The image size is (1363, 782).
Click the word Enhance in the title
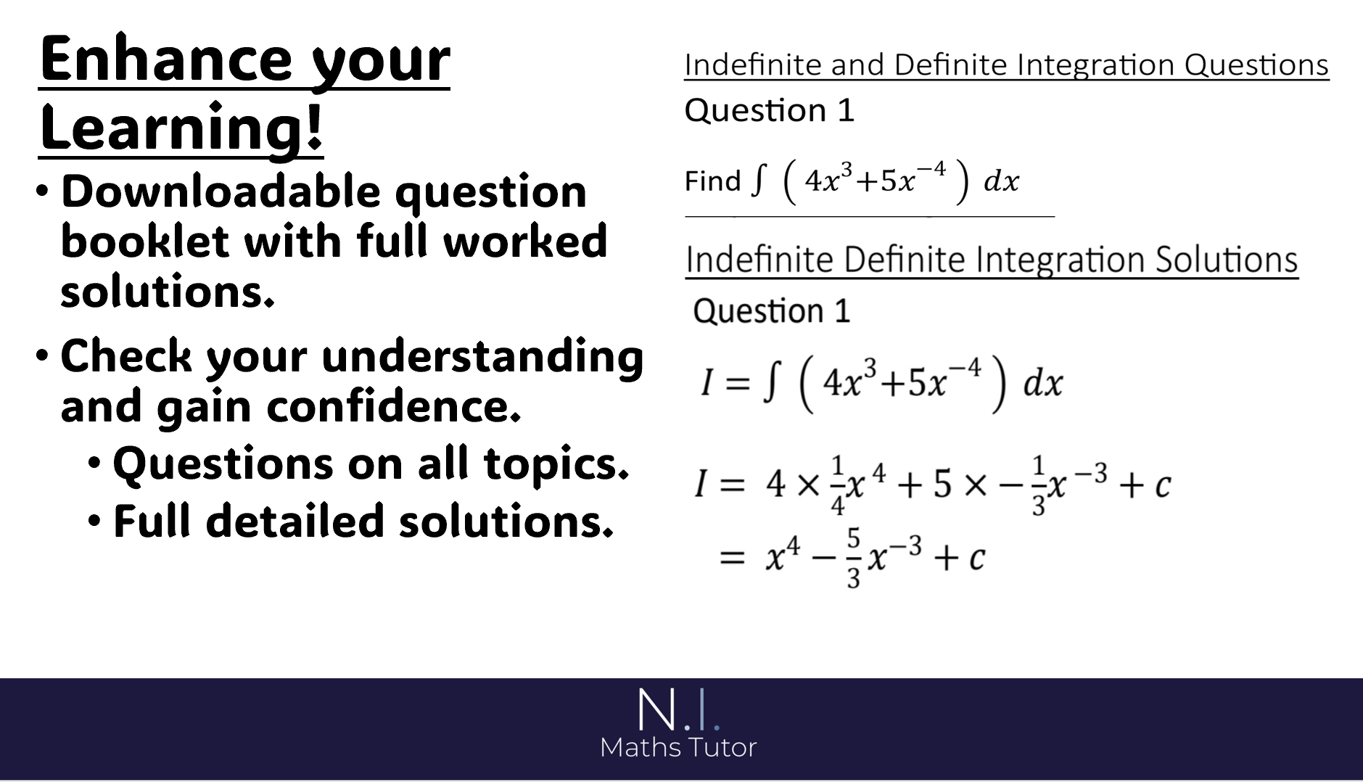click(166, 59)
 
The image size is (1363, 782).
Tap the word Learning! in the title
click(181, 128)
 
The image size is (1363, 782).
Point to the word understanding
click(482, 358)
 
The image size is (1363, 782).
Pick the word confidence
click(394, 406)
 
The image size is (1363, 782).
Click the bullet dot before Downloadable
click(44, 192)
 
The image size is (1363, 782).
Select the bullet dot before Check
click(44, 356)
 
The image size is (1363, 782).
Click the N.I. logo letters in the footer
click(678, 709)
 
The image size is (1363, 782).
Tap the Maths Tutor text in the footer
click(678, 747)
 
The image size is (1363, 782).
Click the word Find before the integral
click(712, 181)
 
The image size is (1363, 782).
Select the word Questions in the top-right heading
click(1256, 65)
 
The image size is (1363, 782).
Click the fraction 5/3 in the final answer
click(853, 559)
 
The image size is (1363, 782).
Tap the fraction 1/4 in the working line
click(838, 485)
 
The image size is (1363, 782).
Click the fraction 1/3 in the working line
click(1039, 485)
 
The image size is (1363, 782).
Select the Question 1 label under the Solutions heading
click(771, 311)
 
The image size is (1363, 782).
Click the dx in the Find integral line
click(1002, 181)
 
